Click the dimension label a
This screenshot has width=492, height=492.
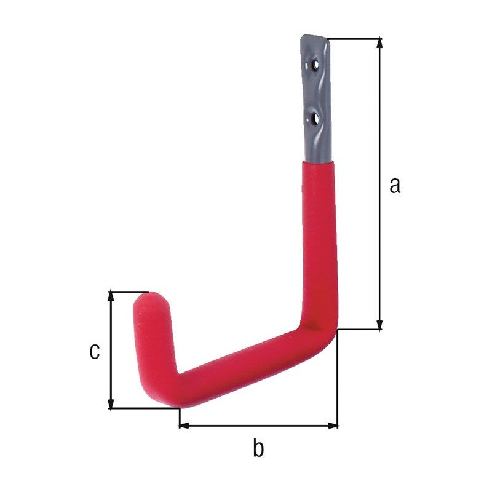click(x=395, y=185)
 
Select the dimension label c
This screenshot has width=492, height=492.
click(x=95, y=351)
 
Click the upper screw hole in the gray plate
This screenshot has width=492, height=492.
click(x=315, y=65)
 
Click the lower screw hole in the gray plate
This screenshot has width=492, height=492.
click(x=315, y=119)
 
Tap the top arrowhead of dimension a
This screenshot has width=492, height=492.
click(x=379, y=43)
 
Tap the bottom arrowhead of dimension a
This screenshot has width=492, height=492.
click(x=379, y=325)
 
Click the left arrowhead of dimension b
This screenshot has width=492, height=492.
click(x=184, y=426)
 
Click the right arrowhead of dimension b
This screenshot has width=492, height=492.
click(x=333, y=426)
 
